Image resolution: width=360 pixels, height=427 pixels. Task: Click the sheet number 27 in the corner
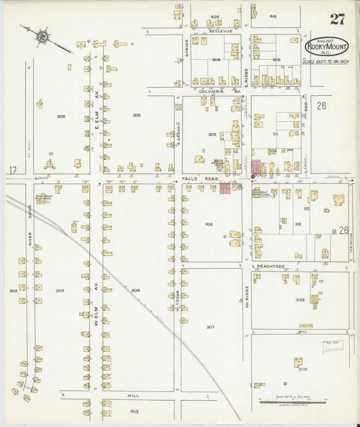coord(336,19)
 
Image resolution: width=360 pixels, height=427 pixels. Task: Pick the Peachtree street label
coord(269,266)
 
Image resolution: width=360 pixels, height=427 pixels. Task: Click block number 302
coord(61,116)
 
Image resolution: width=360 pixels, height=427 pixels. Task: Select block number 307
coord(210,327)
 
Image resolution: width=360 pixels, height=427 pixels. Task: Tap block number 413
coord(134,411)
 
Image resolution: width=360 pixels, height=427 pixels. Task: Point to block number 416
coord(273,16)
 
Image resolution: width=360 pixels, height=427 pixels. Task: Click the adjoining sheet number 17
coord(12,170)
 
